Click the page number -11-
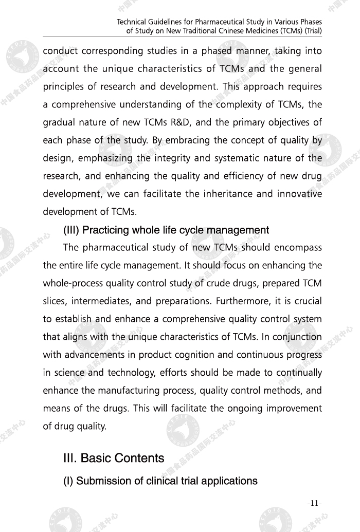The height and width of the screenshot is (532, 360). (314, 503)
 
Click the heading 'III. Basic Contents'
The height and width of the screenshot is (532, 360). (114, 458)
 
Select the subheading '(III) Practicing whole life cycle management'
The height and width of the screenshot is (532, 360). (166, 230)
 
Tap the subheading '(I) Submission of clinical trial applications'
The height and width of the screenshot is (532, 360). (160, 481)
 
